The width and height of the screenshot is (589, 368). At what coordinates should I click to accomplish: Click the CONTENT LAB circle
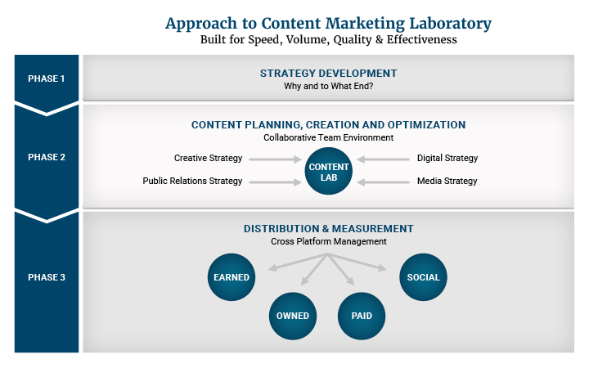tap(328, 171)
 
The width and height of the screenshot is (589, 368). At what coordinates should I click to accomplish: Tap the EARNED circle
tap(232, 277)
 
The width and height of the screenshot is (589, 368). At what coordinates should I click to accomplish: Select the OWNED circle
tap(293, 316)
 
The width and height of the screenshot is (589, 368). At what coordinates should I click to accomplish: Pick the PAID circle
tap(362, 316)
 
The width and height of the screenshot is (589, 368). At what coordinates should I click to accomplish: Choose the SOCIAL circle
tap(423, 277)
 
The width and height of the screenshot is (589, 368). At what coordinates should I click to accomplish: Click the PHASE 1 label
tap(46, 79)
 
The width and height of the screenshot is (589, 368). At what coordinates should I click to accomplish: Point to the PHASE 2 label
tap(46, 157)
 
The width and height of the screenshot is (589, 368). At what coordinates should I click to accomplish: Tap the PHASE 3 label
tap(46, 277)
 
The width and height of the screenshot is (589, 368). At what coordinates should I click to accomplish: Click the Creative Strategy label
tap(208, 158)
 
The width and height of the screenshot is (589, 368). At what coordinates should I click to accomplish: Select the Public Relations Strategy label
tap(192, 181)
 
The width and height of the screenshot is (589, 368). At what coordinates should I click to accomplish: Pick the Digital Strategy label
tap(447, 158)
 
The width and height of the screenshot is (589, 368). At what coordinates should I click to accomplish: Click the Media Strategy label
tap(447, 181)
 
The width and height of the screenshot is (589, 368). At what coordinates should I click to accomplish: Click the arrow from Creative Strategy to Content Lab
tap(275, 159)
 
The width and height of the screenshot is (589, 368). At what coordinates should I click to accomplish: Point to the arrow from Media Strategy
tap(383, 182)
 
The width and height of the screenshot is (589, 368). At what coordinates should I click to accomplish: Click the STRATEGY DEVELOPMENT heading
tap(328, 74)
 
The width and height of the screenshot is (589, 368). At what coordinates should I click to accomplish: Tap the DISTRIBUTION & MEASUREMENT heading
tap(328, 229)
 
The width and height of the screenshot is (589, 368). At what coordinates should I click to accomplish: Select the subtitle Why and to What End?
tap(328, 86)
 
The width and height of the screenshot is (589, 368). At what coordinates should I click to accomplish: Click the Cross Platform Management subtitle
tap(328, 241)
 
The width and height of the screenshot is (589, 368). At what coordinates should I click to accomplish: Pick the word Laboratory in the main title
tap(450, 24)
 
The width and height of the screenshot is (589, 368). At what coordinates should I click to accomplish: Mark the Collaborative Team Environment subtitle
tap(328, 137)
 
